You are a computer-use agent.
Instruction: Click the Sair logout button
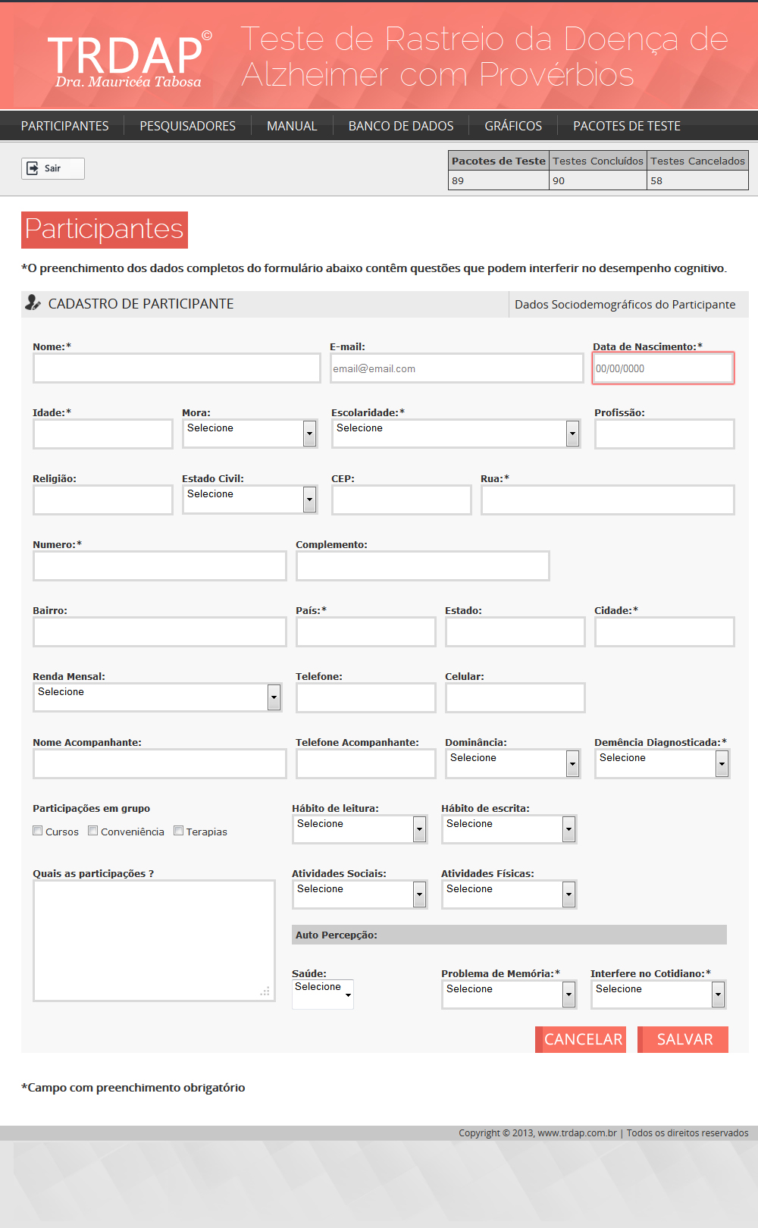(52, 168)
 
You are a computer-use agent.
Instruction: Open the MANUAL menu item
(292, 126)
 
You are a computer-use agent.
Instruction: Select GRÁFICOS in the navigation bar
(513, 126)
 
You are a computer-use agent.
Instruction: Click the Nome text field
(177, 368)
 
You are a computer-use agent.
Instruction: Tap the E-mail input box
(456, 368)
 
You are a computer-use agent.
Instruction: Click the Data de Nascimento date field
(662, 368)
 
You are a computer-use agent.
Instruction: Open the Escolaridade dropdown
(456, 434)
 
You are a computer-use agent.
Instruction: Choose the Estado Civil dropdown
(249, 500)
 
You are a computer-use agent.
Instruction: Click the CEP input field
(401, 500)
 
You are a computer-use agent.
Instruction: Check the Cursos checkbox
(38, 831)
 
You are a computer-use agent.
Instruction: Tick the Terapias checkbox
(179, 831)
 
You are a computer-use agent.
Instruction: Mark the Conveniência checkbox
(93, 831)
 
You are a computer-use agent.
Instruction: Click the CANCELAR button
(582, 1039)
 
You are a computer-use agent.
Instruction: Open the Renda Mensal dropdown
(157, 697)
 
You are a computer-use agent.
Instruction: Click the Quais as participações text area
(154, 940)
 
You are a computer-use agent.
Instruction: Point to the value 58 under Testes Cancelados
(656, 180)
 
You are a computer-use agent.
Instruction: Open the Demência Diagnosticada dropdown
(662, 763)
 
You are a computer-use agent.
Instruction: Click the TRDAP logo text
(126, 56)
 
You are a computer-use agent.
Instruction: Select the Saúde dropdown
(323, 994)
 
